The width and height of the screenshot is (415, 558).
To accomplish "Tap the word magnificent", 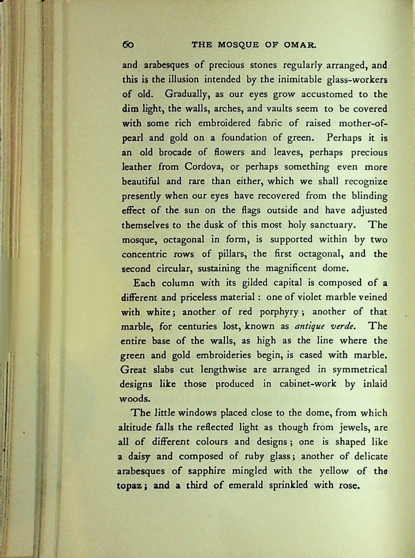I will tap(292, 269).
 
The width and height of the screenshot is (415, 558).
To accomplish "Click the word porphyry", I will tap(279, 312).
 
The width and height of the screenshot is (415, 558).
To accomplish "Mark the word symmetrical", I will tap(360, 370).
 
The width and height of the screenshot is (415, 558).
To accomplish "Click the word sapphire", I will tap(207, 471).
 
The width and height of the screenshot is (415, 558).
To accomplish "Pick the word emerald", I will tap(246, 485).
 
